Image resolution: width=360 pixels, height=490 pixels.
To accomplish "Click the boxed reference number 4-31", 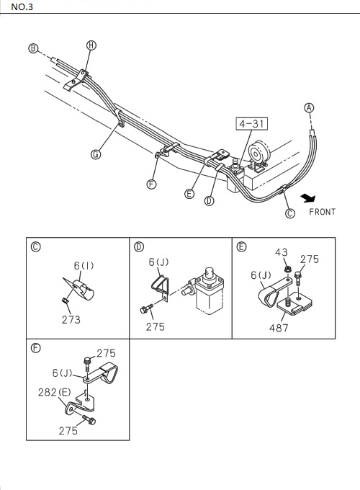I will tap(250, 123).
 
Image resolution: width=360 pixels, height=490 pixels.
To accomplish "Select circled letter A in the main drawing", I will tap(310, 109).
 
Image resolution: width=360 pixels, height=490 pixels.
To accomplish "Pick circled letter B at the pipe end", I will tap(32, 49).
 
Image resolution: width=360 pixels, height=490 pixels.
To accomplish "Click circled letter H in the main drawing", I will tap(91, 45).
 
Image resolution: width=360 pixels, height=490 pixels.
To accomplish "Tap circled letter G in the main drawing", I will tap(96, 154).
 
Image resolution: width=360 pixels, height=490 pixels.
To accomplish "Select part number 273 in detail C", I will tap(71, 319).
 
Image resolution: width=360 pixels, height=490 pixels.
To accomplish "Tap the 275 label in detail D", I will tap(155, 326).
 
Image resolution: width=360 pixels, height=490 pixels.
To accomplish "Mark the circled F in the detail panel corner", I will tap(36, 348).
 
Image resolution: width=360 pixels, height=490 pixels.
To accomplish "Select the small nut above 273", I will tap(64, 300).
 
